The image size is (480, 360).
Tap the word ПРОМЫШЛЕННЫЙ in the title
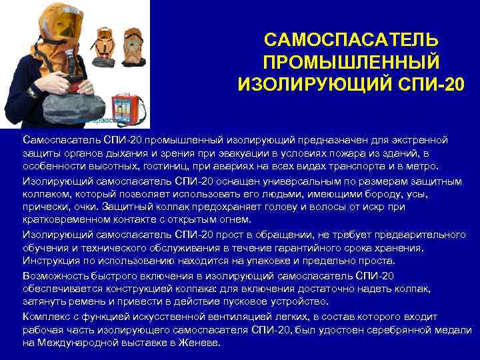pos(351,63)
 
